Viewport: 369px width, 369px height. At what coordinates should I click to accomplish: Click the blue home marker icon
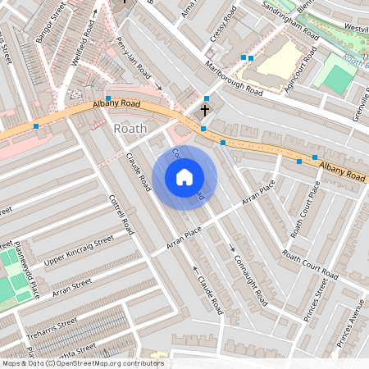pyautogui.click(x=184, y=176)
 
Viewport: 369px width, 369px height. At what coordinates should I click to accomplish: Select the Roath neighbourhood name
pyautogui.click(x=130, y=129)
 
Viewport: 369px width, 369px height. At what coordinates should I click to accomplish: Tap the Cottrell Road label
pyautogui.click(x=121, y=214)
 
